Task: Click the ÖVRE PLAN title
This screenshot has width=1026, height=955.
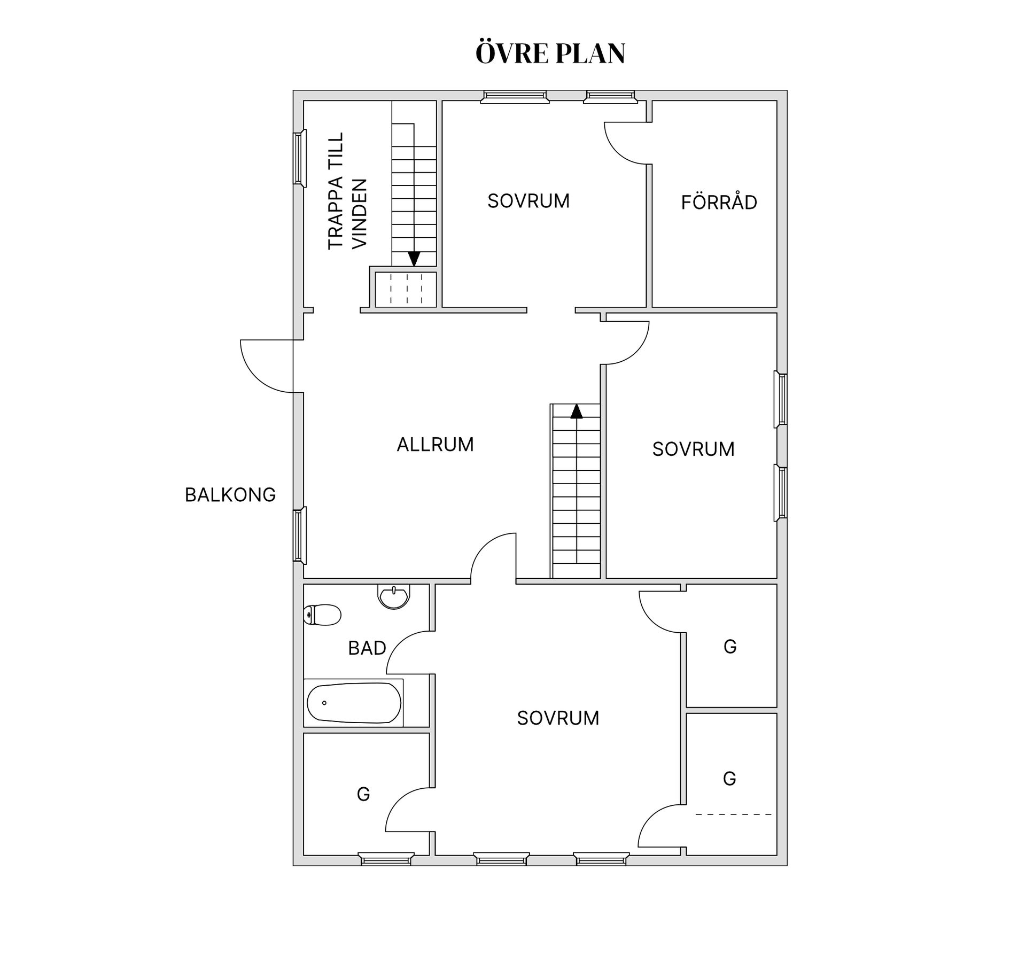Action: tap(550, 53)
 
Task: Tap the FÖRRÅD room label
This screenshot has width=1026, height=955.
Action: tap(719, 202)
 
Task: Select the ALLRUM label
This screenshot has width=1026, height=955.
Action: tap(435, 445)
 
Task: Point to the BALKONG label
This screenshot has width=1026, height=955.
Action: tap(230, 495)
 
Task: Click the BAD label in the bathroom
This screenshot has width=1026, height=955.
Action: tap(367, 648)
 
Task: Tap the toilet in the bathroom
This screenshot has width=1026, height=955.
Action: tap(322, 615)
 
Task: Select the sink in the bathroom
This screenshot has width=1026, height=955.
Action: tap(394, 596)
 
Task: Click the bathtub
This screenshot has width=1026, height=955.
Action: tap(354, 703)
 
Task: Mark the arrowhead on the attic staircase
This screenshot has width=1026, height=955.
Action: tap(414, 259)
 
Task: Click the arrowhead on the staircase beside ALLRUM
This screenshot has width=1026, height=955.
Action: tap(576, 411)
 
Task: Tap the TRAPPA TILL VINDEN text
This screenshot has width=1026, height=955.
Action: tap(347, 191)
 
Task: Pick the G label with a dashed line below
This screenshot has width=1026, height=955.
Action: tap(729, 779)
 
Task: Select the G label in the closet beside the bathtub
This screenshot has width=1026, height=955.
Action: tap(363, 795)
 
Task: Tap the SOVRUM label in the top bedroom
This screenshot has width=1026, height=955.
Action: tap(528, 201)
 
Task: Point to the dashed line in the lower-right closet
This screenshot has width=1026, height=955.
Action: tap(734, 814)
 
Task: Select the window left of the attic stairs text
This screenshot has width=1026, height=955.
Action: tap(300, 158)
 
